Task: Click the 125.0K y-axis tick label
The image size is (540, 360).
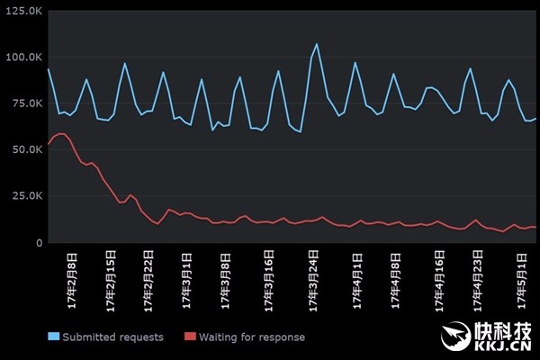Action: pyautogui.click(x=22, y=10)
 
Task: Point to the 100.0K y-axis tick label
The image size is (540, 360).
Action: pyautogui.click(x=22, y=57)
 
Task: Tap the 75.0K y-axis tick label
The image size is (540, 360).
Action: pyautogui.click(x=24, y=103)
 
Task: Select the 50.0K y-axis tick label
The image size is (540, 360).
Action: pyautogui.click(x=24, y=149)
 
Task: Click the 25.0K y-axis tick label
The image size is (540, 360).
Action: pyautogui.click(x=24, y=196)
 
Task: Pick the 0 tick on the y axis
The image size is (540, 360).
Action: pyautogui.click(x=37, y=243)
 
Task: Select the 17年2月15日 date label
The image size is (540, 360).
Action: pyautogui.click(x=111, y=284)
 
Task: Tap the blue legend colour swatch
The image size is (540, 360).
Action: pyautogui.click(x=53, y=337)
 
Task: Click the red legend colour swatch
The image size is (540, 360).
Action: pyautogui.click(x=190, y=337)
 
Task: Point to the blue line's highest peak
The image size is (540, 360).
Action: pyautogui.click(x=316, y=44)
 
